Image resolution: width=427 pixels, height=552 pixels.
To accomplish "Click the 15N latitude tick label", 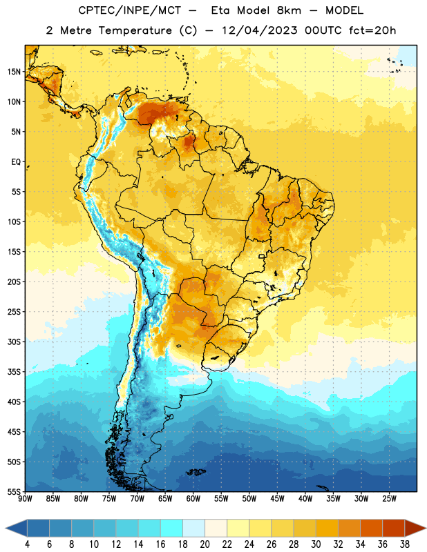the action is [x=14, y=72].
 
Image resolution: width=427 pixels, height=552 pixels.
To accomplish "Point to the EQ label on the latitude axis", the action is [x=16, y=162].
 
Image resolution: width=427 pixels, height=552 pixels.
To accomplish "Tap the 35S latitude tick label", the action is [x=14, y=372].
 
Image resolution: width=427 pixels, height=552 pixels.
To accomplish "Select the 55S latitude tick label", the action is [x=14, y=491].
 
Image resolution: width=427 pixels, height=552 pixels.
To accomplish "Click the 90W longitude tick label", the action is [x=25, y=499].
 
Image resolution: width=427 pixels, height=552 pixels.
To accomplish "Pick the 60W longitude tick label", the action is [x=193, y=499].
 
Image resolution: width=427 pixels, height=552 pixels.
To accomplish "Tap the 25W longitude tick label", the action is [x=389, y=499].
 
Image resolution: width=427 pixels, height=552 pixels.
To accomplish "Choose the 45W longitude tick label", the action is [x=277, y=499].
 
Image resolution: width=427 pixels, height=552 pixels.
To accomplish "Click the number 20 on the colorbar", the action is [x=205, y=544].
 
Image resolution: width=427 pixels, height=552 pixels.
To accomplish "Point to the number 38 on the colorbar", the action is [x=405, y=544].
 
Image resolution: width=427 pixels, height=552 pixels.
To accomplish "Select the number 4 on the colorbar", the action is [x=27, y=544].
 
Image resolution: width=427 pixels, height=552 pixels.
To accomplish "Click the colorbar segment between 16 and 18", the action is [x=172, y=528].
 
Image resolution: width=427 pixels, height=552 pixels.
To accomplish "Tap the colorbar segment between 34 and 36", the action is [x=371, y=528].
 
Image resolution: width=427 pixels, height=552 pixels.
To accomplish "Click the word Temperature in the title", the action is [x=135, y=30].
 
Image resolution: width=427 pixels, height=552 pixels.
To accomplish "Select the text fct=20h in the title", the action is [x=372, y=30].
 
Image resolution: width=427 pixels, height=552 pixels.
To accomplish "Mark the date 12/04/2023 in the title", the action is [x=260, y=30].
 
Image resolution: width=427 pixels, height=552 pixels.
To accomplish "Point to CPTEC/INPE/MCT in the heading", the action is [x=129, y=10].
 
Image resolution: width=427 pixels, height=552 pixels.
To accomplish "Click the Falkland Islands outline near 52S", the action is [x=196, y=472].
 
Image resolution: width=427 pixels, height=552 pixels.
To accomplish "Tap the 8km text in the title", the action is [x=289, y=10].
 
